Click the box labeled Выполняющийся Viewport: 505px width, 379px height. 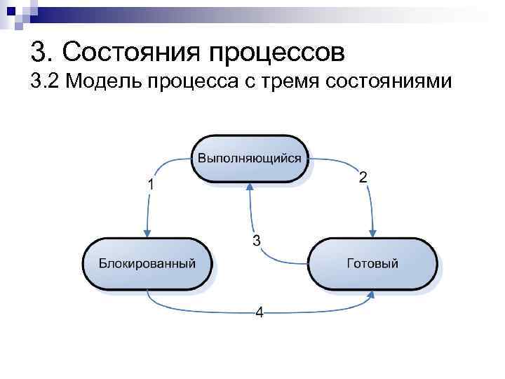tap(250, 158)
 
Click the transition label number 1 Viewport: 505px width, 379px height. tap(151, 184)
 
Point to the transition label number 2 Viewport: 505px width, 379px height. tap(363, 177)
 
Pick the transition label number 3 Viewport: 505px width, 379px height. tap(257, 241)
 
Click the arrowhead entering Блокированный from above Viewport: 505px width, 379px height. tap(147, 234)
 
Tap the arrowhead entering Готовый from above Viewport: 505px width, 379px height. tap(373, 234)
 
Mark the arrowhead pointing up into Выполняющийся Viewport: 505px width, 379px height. tap(250, 186)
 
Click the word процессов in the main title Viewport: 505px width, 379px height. tap(281, 51)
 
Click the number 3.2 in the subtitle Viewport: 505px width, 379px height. tap(47, 82)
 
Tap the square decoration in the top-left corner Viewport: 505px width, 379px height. tap(13, 12)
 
